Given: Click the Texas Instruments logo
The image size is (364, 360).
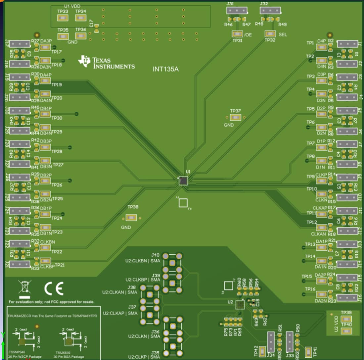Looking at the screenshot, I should coord(106,62).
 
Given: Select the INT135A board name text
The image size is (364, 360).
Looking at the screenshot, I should coord(165,70).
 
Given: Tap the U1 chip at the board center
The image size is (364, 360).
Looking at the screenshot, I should coord(183,180).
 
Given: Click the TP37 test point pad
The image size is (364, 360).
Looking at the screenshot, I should coord(236,117).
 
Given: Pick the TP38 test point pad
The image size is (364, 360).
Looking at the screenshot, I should coord(131,218).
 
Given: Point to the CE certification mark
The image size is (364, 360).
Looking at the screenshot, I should coord(54,289).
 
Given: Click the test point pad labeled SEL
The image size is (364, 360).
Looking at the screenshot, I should coord(270,34).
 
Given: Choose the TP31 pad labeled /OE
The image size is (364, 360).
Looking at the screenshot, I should coord(237,34).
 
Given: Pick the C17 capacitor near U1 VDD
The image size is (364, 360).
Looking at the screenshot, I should coord(96,30).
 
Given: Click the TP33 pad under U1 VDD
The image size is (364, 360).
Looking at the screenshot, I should coord(63,18).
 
